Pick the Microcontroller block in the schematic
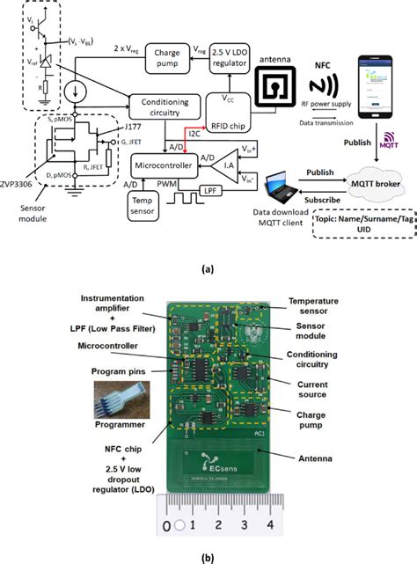163,165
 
